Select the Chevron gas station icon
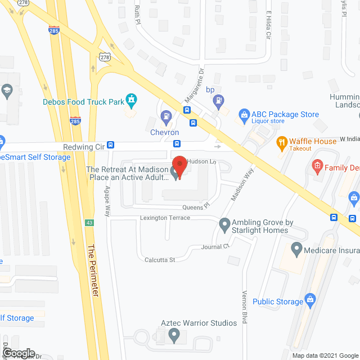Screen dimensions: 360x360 pos(166,118)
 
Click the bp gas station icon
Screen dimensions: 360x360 pos(218,101)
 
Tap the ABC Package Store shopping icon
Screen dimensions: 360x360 pos(244,115)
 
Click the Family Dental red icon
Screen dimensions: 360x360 pos(317,166)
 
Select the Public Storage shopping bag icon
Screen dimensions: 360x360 pos(309,301)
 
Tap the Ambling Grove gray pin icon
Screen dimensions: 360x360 pos(224,225)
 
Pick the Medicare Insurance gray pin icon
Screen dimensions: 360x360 pos(296,248)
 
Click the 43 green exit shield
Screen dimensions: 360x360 pos(89,223)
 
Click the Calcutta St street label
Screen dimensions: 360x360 pos(160,260)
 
